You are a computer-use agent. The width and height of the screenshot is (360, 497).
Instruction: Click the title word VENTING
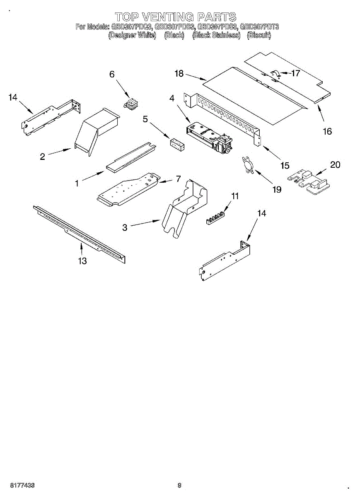[168, 17]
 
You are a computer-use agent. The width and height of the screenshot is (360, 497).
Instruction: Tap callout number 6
[112, 74]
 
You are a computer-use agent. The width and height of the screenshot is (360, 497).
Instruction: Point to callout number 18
[179, 74]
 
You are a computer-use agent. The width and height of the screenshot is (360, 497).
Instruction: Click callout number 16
[327, 131]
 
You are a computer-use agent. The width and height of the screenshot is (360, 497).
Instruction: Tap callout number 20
[335, 165]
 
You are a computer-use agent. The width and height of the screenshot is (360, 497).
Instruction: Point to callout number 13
[82, 261]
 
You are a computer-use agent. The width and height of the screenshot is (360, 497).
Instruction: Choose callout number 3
[125, 227]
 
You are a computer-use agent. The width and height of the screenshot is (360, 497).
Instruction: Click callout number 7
[178, 179]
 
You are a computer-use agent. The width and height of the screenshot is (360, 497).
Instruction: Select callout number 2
[42, 157]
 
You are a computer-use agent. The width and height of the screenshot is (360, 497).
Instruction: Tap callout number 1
[77, 183]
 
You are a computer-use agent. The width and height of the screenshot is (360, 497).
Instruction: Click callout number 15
[285, 165]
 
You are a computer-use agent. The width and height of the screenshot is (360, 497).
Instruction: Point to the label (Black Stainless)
[216, 36]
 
